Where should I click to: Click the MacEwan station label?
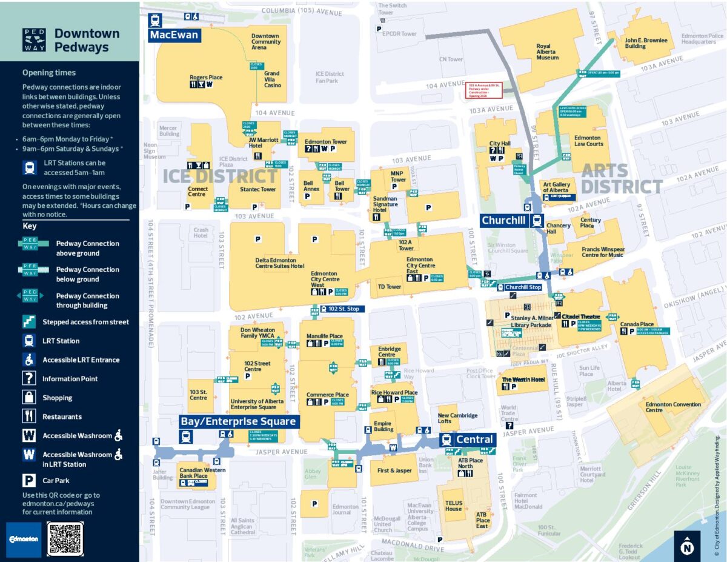click(x=174, y=35)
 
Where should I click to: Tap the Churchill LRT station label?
click(x=504, y=221)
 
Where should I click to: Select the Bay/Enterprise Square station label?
click(x=239, y=421)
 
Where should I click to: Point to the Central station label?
click(x=474, y=440)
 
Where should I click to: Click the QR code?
click(x=64, y=538)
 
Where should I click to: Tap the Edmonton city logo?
click(x=24, y=538)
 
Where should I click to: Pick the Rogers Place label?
click(x=206, y=78)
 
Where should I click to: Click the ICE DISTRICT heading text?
click(x=220, y=176)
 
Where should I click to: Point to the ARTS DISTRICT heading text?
click(x=622, y=178)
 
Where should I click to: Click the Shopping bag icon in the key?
click(x=29, y=398)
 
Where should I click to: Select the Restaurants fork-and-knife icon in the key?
click(x=29, y=416)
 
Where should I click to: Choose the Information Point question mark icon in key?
click(x=29, y=378)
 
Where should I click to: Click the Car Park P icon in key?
click(x=29, y=481)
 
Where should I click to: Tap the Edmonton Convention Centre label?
click(x=664, y=407)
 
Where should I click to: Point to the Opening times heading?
click(x=49, y=73)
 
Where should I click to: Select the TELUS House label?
click(x=454, y=506)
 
